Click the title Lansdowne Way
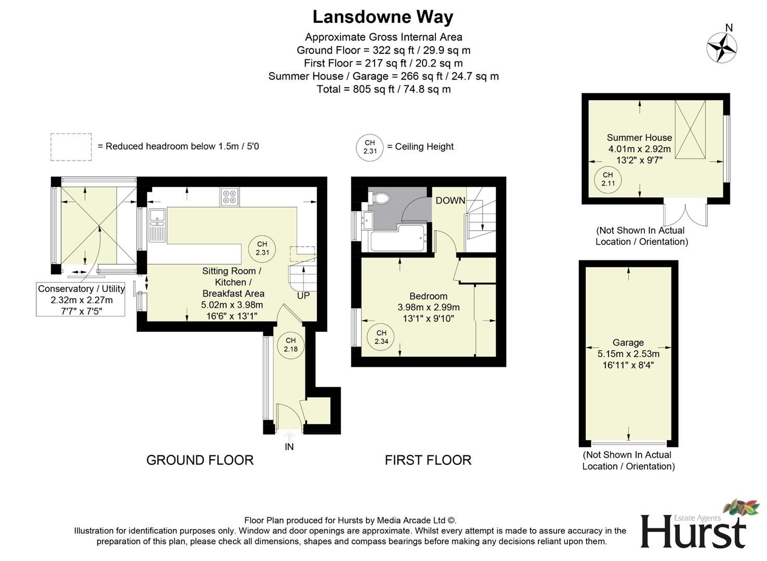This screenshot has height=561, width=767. pos(382,17)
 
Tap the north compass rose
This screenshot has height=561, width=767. pos(722,47)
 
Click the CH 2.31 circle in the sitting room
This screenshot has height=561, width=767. pos(262,249)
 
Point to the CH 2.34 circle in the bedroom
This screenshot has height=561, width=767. pos(381,337)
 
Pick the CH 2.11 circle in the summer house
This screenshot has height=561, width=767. pos(608,179)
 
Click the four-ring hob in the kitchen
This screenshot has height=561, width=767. pos(229,196)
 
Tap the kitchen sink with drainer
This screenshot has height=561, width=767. pos(157,225)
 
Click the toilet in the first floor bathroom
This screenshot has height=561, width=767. pos(380,197)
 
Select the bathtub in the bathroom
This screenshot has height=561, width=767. pos(397,239)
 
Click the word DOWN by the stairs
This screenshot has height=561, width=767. pos(450,201)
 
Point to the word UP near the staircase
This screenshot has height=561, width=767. pos(303,296)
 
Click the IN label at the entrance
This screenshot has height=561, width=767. pos(289,447)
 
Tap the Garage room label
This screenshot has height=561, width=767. pos(628,343)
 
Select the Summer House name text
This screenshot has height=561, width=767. pos(639,138)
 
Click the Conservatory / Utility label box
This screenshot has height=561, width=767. pos(81,300)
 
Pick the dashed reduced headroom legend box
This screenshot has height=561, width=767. pos(71,146)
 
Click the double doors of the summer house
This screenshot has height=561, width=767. pos(685,214)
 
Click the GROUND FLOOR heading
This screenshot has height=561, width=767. pos(200,460)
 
